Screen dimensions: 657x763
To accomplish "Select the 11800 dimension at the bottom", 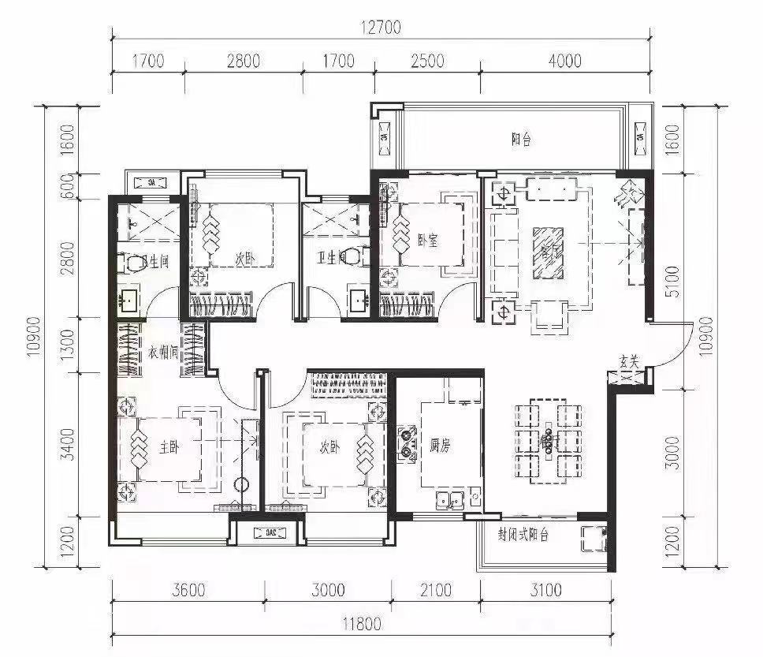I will pyautogui.click(x=363, y=624).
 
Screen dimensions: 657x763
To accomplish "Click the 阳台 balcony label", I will pyautogui.click(x=521, y=140).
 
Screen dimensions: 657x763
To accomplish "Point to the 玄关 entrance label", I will pyautogui.click(x=628, y=360).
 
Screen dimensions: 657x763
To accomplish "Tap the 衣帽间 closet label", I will pyautogui.click(x=164, y=352).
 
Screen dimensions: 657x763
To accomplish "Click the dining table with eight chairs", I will pyautogui.click(x=549, y=439).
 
